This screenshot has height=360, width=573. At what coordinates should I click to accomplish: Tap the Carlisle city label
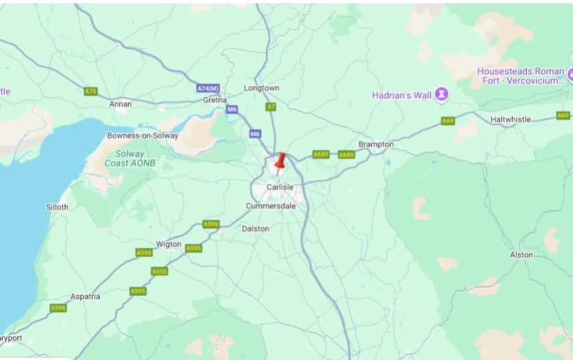tap(280, 187)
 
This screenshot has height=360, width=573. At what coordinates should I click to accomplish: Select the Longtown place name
tap(262, 88)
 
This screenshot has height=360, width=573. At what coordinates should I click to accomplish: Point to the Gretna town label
tap(215, 100)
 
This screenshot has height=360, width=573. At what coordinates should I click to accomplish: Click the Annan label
tap(120, 104)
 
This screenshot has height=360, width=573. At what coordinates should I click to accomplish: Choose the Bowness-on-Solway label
tap(143, 136)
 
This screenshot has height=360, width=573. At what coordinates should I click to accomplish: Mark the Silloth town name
tap(57, 207)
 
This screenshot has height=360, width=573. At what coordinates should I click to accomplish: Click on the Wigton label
tap(168, 244)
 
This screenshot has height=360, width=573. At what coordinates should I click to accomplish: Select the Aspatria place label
tap(85, 296)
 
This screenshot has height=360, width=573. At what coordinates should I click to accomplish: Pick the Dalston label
tap(255, 229)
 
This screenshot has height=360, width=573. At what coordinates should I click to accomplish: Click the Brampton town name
tap(376, 145)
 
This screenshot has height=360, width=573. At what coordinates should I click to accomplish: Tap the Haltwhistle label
tap(510, 120)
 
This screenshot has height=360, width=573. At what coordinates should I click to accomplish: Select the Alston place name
tap(521, 255)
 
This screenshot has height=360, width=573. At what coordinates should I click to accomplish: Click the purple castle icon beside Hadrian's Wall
tap(441, 94)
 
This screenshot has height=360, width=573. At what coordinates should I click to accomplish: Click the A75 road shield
tap(91, 91)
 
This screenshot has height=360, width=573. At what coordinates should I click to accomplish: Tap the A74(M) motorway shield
tap(208, 88)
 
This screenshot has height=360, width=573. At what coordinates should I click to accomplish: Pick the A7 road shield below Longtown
tap(270, 106)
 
